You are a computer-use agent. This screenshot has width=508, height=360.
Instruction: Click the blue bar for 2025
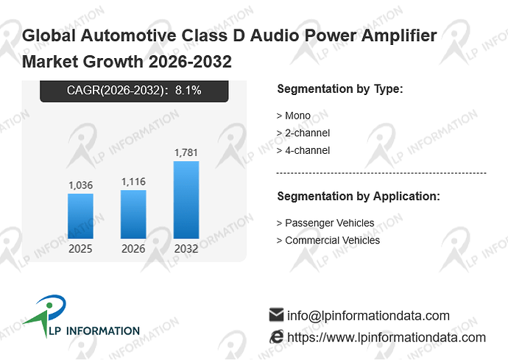point(81,216)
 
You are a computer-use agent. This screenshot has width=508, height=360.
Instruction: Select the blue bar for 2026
point(133,214)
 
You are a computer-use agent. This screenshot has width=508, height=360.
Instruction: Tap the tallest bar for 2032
point(186,200)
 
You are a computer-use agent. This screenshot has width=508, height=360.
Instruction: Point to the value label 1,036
point(81,186)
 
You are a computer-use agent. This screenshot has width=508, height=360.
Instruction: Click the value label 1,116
point(133,182)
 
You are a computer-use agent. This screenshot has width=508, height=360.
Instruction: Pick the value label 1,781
point(186,152)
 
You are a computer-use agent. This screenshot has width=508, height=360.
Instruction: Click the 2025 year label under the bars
point(80,249)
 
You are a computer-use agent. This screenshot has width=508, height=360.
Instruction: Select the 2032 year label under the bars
point(186,249)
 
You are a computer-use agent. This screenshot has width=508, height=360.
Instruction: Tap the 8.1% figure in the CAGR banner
point(188,90)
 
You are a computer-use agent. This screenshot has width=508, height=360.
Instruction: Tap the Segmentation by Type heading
point(340,89)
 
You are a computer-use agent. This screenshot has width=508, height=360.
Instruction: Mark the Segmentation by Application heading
point(359,197)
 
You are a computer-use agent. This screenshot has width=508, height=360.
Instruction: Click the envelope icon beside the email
point(276,314)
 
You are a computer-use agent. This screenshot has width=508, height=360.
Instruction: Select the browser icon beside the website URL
point(276,336)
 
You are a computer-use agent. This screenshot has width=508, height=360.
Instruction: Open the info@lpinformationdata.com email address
point(368,316)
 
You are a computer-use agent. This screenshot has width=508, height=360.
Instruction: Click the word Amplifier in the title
point(399,35)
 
